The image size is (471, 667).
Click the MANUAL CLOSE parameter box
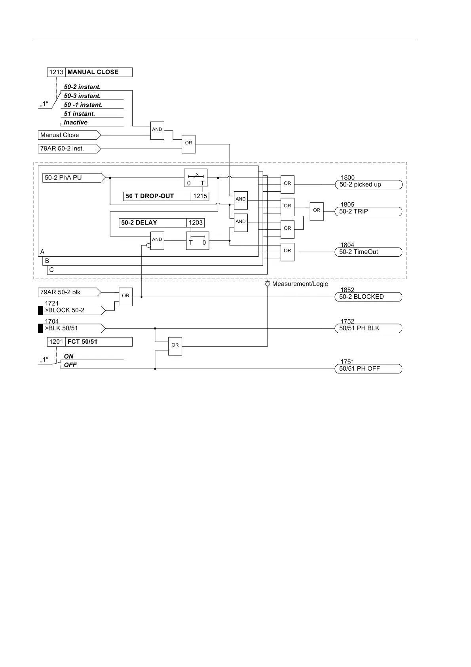pyautogui.click(x=90, y=72)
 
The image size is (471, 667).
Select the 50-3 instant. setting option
pyautogui.click(x=82, y=96)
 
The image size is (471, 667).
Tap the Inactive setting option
pyautogui.click(x=76, y=123)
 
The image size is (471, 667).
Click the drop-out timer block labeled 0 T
pyautogui.click(x=196, y=178)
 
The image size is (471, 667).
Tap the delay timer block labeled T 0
pyautogui.click(x=198, y=240)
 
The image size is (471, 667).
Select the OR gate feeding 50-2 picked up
pyautogui.click(x=287, y=183)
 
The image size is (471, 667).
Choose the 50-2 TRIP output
pyautogui.click(x=368, y=212)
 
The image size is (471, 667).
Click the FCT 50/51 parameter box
pyautogui.click(x=90, y=342)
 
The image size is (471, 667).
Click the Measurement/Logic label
pyautogui.click(x=300, y=284)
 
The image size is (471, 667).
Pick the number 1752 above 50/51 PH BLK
pyautogui.click(x=348, y=322)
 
